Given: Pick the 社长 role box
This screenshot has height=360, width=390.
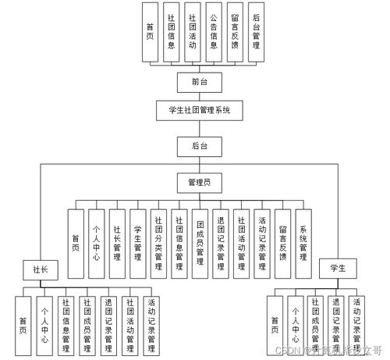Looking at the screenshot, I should coord(40,269).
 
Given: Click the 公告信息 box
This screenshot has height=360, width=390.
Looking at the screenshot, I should coord(213,33).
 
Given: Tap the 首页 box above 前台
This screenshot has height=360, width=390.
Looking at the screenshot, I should coord(150,33).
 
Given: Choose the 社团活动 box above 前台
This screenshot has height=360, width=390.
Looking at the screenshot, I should coord(192,33).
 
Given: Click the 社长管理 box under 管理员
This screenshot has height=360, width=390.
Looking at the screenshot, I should coord(117,244).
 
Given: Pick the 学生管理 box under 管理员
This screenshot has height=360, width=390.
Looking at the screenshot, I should coord(137,244).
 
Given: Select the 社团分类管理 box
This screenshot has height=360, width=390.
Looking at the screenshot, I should coord(158,244).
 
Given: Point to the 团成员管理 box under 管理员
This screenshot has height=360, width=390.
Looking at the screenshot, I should coord(200,244).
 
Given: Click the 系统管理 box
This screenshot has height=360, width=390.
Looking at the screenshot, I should coord(303,244).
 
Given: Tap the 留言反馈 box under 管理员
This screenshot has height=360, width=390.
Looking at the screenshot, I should coord(282,244).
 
